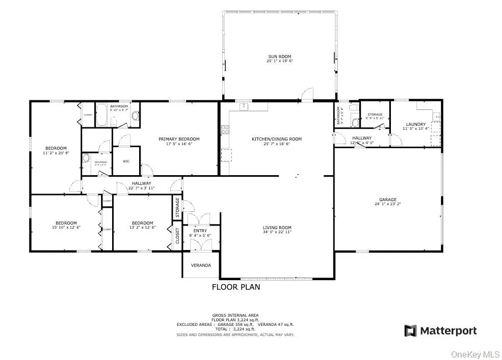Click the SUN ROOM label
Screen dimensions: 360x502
click(x=280, y=57)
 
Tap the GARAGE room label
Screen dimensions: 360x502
click(x=387, y=200)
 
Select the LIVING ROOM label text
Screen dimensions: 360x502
click(x=277, y=228)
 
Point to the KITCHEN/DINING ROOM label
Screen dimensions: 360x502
click(x=277, y=139)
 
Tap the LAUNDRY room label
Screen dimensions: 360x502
click(x=416, y=124)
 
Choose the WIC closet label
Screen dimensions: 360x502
click(x=126, y=161)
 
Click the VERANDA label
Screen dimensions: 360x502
click(x=201, y=265)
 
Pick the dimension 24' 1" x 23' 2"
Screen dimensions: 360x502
click(x=387, y=204)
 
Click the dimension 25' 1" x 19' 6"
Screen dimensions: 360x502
click(x=280, y=61)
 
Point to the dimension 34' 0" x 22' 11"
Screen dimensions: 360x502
click(x=277, y=232)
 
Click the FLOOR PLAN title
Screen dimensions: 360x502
click(x=235, y=287)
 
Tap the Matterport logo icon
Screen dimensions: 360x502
click(x=410, y=331)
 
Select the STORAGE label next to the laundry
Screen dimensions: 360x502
click(x=375, y=114)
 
